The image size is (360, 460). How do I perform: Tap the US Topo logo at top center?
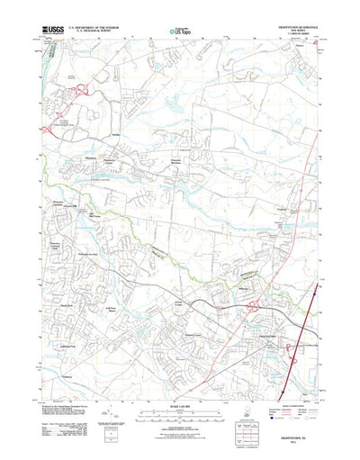(x=179, y=32)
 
